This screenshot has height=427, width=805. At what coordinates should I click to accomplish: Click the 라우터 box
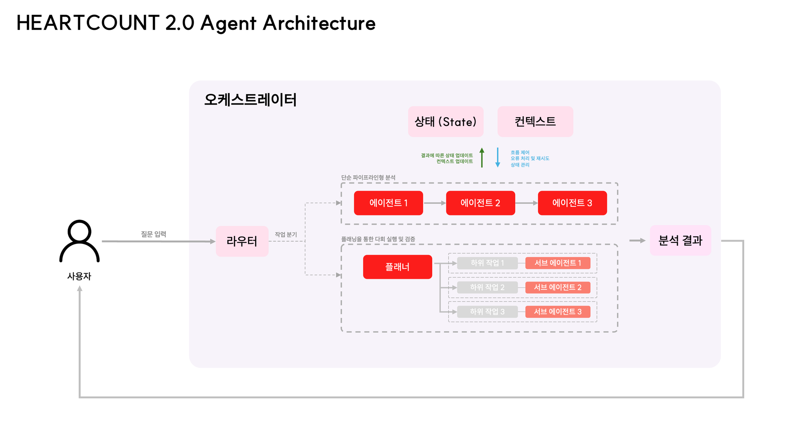[x=242, y=241]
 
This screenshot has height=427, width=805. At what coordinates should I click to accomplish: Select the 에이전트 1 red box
[x=388, y=203]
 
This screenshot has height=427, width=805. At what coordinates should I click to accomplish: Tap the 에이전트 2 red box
[x=481, y=203]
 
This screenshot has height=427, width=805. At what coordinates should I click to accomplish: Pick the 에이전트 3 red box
[x=572, y=203]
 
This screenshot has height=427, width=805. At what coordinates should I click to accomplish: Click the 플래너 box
[x=398, y=267]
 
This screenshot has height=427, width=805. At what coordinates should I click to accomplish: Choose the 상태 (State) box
[x=446, y=122]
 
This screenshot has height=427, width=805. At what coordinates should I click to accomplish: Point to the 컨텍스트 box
[x=535, y=122]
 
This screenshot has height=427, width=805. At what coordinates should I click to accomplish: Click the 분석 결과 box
[x=681, y=240]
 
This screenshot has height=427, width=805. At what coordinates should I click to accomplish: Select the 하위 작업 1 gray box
[x=487, y=263]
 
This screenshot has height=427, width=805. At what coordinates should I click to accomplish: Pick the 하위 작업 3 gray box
[x=487, y=311]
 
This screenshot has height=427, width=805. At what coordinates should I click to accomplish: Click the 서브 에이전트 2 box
[x=558, y=287]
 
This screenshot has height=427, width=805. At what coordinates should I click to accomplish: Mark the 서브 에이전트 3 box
[x=558, y=311]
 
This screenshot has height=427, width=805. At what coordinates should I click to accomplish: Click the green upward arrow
[x=482, y=157]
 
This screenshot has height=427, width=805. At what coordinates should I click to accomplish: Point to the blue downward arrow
[x=497, y=157]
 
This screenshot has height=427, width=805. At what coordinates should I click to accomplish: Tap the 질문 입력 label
[x=153, y=234]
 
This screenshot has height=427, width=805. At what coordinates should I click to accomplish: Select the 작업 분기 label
[x=286, y=235]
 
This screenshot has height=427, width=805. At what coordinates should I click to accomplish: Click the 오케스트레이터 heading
[x=250, y=99]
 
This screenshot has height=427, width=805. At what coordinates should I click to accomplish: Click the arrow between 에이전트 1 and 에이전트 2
[x=435, y=203]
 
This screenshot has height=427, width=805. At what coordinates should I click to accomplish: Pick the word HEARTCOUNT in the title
[x=88, y=23]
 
